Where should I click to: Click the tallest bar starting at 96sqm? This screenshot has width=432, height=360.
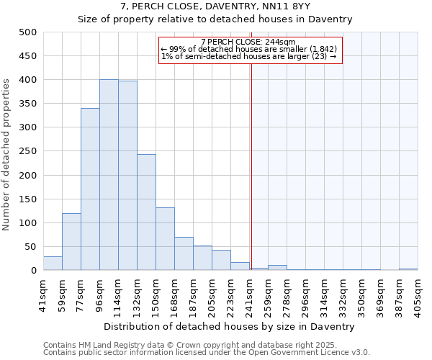tap(109, 175)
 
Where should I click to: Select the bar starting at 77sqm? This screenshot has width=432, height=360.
tap(90, 189)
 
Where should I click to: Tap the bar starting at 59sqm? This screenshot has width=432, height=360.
tap(71, 242)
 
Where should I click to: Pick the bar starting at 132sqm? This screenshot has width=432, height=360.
tap(146, 212)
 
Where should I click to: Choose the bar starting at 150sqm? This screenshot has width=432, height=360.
tap(165, 239)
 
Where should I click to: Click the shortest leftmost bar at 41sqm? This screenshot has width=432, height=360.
tap(53, 264)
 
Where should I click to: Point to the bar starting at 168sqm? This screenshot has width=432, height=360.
tap(184, 253)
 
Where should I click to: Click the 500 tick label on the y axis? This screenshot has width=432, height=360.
tap(27, 32)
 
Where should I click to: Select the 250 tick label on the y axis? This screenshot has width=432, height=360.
tap(27, 151)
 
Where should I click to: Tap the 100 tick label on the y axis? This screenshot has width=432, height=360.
tap(27, 223)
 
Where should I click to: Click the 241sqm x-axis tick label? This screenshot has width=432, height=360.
tap(249, 292)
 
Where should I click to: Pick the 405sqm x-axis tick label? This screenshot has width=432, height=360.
tap(418, 292)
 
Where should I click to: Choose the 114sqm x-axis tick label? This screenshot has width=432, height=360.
tap(118, 292)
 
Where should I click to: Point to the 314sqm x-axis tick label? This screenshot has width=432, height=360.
tap(324, 292)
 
